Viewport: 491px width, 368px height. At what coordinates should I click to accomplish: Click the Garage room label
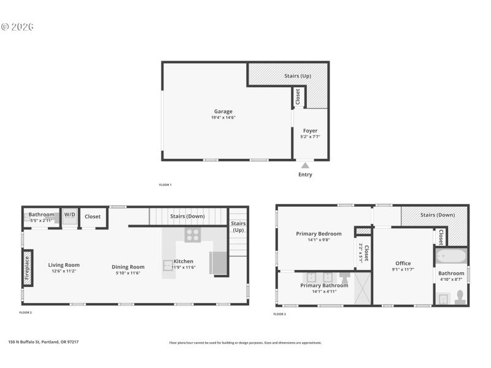(x=223, y=111)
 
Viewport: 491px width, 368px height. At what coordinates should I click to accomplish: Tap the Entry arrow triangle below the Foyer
(x=305, y=164)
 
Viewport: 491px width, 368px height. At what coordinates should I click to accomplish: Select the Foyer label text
(x=310, y=131)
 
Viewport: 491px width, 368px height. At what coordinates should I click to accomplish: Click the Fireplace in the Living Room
(x=27, y=267)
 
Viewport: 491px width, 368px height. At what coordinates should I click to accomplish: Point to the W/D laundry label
(x=69, y=215)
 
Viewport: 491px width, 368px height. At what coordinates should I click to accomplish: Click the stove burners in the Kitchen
(x=193, y=234)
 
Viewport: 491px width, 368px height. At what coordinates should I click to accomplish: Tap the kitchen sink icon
(x=168, y=266)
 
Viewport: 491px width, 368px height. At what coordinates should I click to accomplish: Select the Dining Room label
(x=128, y=266)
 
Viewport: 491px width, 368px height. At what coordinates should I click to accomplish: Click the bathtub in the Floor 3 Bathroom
(x=451, y=256)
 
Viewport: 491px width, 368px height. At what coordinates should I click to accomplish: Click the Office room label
(x=403, y=263)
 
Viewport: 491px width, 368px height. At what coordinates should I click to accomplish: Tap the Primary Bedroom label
(x=319, y=234)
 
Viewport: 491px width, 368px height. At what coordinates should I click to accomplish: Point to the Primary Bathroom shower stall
(x=363, y=288)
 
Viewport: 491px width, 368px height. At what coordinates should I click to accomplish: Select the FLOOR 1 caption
(x=165, y=185)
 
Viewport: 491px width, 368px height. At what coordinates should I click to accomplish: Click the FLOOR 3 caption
(x=279, y=314)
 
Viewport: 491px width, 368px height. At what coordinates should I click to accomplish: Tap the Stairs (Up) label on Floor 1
(x=298, y=76)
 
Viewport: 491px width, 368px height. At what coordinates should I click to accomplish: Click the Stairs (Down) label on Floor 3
(x=437, y=215)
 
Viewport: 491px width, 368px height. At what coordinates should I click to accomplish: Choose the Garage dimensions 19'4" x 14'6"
(x=223, y=117)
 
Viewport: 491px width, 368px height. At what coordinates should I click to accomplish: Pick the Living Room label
(x=64, y=265)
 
